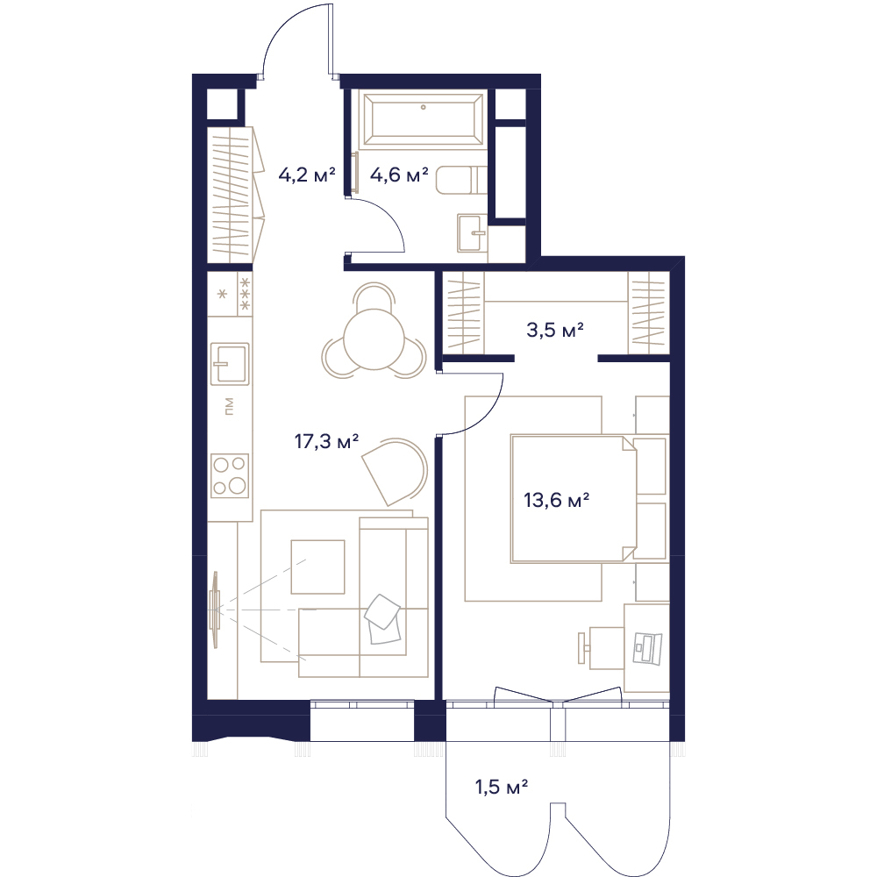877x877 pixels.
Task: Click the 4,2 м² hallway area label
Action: click(x=306, y=175)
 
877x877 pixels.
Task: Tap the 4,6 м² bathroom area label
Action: click(x=399, y=175)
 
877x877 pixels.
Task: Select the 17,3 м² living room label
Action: click(x=326, y=442)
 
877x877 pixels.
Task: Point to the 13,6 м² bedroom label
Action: click(x=557, y=500)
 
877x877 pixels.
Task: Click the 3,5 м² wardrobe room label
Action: click(x=555, y=330)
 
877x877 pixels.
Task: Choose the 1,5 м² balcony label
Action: click(x=502, y=788)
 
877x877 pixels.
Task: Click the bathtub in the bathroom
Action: click(x=423, y=119)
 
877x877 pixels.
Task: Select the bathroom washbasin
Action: click(x=472, y=233)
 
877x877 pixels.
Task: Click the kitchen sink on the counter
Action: click(x=229, y=364)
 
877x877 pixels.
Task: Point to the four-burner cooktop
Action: click(x=229, y=475)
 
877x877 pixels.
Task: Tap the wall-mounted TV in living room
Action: click(x=215, y=610)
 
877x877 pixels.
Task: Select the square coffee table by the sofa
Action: click(x=317, y=567)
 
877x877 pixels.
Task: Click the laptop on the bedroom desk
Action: click(x=647, y=649)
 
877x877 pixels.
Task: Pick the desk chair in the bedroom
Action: click(x=602, y=647)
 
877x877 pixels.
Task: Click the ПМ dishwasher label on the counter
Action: click(x=228, y=407)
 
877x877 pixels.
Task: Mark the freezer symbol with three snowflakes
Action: click(x=245, y=294)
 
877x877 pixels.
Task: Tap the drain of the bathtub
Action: click(x=424, y=107)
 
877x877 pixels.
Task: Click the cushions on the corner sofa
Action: click(x=383, y=618)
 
